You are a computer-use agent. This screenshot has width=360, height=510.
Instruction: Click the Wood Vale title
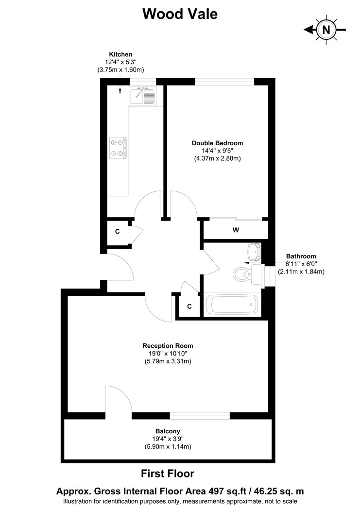tap(180, 14)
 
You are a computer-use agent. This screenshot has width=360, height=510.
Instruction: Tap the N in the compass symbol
tap(326, 30)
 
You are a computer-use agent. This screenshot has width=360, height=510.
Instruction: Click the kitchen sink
tap(143, 96)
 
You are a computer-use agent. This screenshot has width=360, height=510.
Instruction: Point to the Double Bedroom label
tap(217, 143)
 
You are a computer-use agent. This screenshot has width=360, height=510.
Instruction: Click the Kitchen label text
tap(120, 54)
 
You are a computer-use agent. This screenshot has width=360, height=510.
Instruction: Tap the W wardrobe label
tap(236, 230)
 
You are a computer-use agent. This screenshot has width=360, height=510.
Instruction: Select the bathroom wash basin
tap(255, 252)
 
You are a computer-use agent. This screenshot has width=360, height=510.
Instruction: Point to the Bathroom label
tap(301, 256)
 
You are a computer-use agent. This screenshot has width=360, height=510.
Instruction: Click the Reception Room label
tap(168, 346)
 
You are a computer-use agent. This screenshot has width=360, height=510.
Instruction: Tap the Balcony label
tap(168, 431)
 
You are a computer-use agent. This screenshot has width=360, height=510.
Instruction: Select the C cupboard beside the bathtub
tap(189, 306)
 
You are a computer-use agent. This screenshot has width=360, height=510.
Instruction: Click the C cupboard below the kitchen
tap(118, 232)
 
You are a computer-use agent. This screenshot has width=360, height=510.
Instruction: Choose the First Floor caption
tap(168, 474)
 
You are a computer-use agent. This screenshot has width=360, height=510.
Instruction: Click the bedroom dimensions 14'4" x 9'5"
tap(217, 151)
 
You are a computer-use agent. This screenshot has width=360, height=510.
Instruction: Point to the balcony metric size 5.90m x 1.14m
tap(168, 447)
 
